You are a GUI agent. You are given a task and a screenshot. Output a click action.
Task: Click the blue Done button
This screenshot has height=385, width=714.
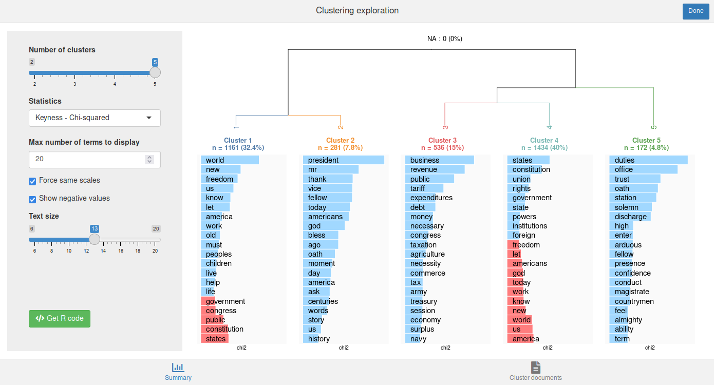696,11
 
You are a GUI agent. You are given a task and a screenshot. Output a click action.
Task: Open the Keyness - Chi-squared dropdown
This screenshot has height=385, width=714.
95,118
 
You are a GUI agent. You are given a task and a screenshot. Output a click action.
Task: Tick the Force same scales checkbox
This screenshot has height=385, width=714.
32,181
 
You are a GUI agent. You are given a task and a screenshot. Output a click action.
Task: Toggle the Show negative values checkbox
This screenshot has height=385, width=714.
32,199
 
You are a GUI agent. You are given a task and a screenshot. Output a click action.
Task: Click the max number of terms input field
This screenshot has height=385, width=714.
87,159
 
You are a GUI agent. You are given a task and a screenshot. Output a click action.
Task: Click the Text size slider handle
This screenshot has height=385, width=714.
95,239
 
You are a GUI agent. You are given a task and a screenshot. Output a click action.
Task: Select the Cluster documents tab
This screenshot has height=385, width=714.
535,372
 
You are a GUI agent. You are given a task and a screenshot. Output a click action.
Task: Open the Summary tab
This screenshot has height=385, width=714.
178,372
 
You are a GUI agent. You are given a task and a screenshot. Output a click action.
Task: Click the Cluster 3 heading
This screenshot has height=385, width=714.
442,141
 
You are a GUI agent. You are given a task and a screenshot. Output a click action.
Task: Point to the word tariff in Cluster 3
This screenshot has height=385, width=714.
418,188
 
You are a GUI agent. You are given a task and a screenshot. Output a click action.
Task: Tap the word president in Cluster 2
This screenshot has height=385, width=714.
323,160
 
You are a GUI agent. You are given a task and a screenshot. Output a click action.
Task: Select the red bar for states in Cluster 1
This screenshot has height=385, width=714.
214,339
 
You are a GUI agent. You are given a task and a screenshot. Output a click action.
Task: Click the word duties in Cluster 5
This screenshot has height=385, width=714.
625,160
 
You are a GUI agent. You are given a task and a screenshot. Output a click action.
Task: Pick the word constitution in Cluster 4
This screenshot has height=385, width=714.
531,169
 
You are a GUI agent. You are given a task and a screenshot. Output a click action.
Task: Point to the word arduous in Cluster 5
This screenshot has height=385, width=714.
628,245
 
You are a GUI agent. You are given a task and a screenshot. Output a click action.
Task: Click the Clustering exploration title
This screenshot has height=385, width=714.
357,11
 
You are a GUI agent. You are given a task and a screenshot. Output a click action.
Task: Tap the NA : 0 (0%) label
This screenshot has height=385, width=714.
445,39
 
